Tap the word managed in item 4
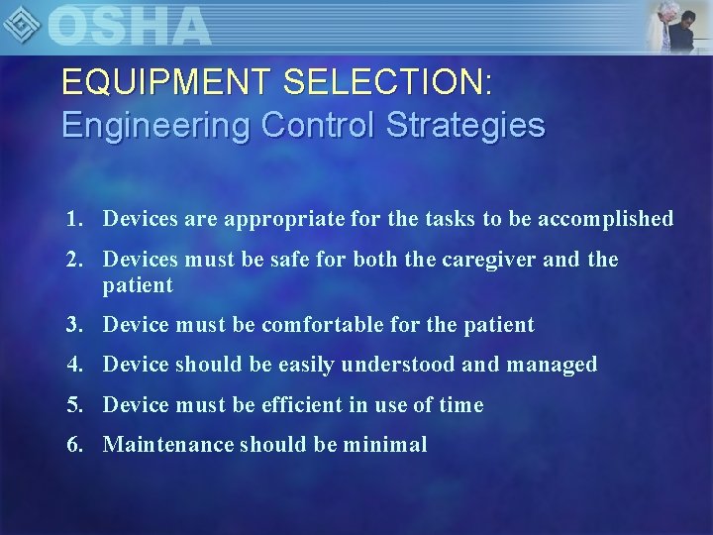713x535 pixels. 552,365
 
